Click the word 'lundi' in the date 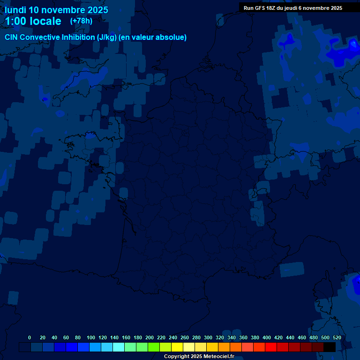(15, 10)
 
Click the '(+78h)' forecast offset (81, 21)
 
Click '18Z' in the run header (273, 8)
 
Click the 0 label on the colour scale (30, 337)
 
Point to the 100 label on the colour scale (91, 337)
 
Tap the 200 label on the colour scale (150, 337)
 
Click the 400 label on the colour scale (267, 337)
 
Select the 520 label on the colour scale (337, 337)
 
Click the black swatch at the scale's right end (330, 347)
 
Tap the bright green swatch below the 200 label (154, 347)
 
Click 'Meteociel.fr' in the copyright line (218, 357)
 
